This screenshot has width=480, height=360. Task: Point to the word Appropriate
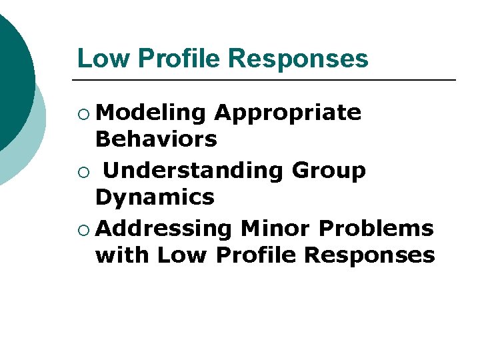point(287,114)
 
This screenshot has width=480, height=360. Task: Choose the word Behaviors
point(156,139)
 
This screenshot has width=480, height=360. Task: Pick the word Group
point(329,171)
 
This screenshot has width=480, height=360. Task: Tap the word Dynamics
point(155,197)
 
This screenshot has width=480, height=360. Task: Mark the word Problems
point(376,228)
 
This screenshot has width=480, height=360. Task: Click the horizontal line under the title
point(267,80)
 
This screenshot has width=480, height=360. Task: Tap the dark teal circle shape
point(10,73)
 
